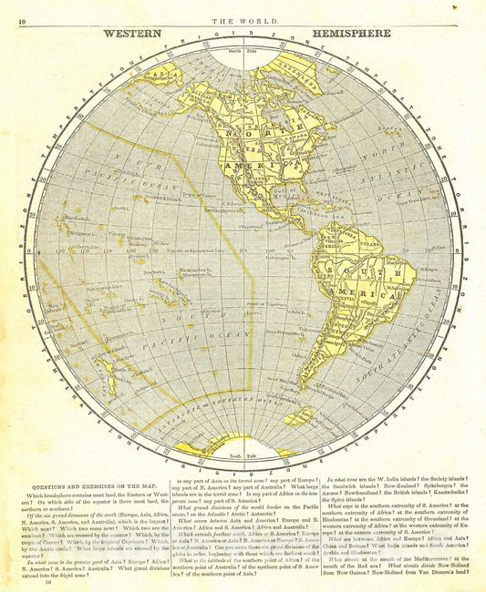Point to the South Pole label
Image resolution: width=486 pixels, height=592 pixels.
point(243,454)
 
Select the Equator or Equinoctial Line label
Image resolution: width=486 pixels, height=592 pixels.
point(196,250)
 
